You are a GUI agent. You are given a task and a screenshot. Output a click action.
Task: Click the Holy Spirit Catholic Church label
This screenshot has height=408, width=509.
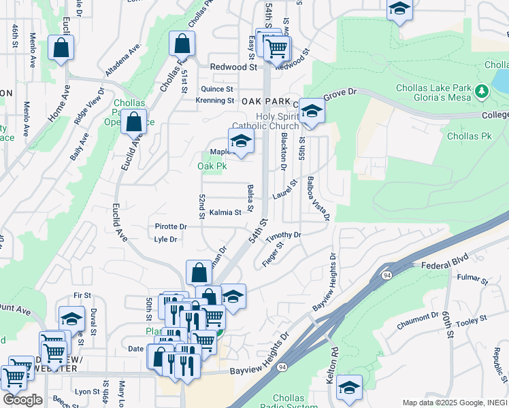tap(265, 120)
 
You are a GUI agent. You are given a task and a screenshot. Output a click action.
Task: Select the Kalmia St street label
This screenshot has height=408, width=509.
tap(225, 212)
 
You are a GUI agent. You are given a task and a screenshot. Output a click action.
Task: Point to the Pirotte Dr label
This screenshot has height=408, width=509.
tap(171, 226)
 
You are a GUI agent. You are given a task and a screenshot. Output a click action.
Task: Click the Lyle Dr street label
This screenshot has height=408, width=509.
tap(165, 239)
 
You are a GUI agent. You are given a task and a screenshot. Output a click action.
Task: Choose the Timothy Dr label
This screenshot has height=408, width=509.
tap(283, 235)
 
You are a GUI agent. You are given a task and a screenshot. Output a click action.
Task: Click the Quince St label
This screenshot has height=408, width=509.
tap(217, 89)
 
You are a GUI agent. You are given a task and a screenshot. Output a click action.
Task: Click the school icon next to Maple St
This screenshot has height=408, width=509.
tap(241, 141)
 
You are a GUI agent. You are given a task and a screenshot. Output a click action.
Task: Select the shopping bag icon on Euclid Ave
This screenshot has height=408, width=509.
tap(135, 122)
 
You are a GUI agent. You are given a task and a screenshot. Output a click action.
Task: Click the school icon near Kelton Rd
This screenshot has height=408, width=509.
tap(349, 388)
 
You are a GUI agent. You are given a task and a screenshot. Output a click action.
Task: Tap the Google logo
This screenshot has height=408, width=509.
tap(22, 400)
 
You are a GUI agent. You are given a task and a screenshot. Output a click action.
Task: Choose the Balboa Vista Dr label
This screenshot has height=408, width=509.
tap(318, 199)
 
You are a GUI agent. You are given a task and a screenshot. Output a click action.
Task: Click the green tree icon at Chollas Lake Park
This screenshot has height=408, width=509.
tap(482, 90)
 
